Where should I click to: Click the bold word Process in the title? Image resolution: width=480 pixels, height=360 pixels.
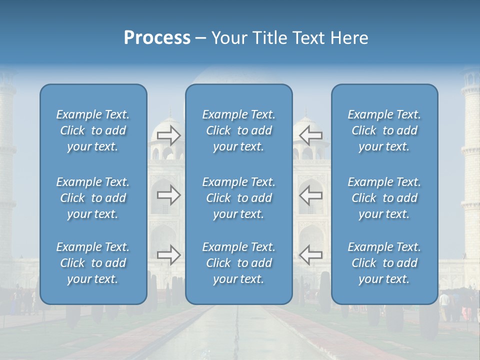click(x=157, y=38)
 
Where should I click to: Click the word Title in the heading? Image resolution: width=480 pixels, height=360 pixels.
click(x=268, y=38)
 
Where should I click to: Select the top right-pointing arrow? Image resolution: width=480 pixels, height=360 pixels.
click(x=168, y=135)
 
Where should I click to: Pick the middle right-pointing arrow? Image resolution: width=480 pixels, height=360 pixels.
click(x=168, y=195)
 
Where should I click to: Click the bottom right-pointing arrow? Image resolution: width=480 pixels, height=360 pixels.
click(x=168, y=255)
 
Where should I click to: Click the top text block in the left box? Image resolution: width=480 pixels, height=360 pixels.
click(x=93, y=130)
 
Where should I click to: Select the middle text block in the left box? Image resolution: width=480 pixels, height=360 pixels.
click(x=93, y=198)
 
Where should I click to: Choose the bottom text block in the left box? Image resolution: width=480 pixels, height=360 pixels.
click(x=93, y=263)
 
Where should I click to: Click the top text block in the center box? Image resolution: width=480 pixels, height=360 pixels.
click(x=239, y=130)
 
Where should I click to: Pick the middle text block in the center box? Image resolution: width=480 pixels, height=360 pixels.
click(x=239, y=198)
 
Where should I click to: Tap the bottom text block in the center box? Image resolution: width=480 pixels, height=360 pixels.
click(x=239, y=263)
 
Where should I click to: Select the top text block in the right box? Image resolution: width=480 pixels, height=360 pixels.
click(x=384, y=130)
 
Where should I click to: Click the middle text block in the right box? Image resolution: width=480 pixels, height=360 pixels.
click(x=384, y=198)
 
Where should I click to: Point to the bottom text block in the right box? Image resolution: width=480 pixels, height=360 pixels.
click(x=384, y=263)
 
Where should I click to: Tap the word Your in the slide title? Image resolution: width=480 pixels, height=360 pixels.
click(x=227, y=38)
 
